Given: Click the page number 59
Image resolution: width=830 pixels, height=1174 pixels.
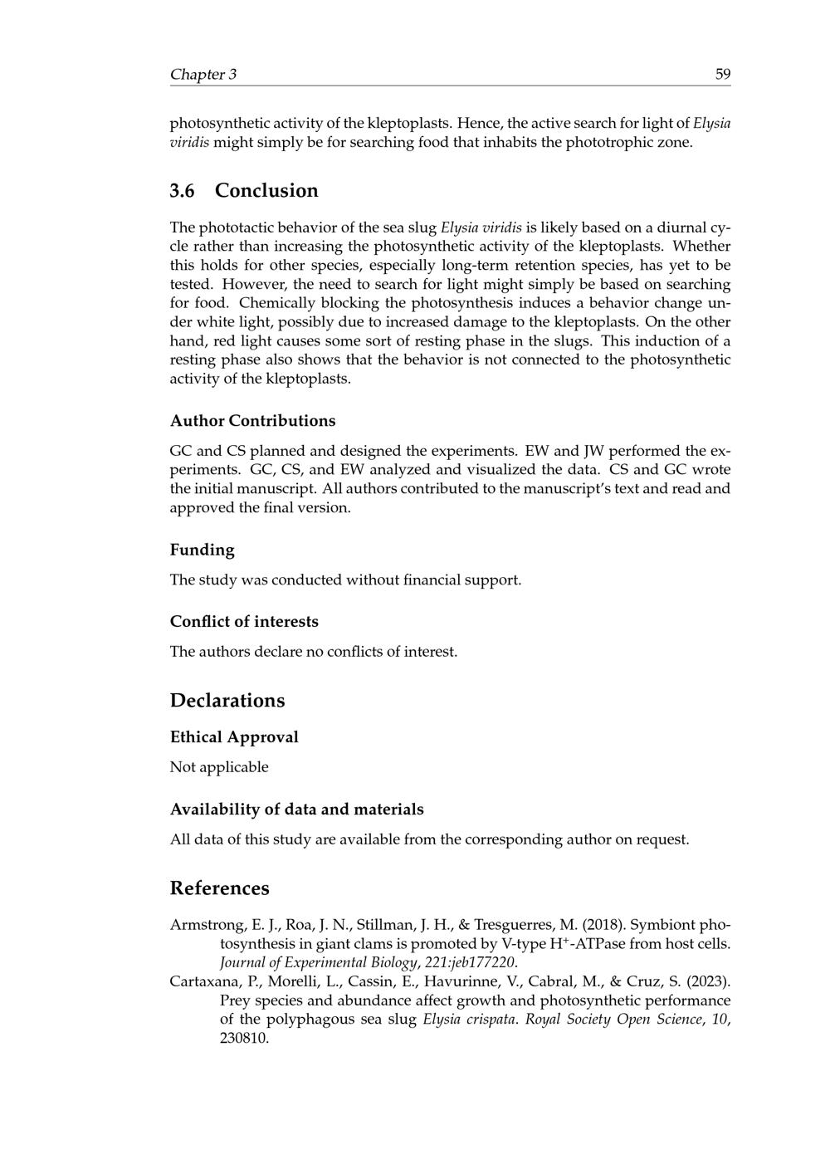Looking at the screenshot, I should click(722, 75).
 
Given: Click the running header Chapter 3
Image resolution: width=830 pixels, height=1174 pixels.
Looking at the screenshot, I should click(203, 75).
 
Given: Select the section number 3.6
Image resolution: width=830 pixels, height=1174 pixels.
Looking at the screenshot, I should click(183, 191).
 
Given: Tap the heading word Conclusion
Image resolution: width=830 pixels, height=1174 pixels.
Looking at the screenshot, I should click(266, 191).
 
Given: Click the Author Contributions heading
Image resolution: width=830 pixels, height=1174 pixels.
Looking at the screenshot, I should click(252, 421).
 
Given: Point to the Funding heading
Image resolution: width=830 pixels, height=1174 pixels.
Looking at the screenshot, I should click(202, 550).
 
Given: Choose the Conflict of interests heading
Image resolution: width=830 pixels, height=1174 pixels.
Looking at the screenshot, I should click(244, 622).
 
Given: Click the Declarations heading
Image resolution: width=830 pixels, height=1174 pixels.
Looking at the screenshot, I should click(227, 701).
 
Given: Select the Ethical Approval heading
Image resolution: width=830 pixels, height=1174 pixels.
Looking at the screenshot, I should click(234, 737).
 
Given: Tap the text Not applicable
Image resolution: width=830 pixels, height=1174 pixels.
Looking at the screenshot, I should click(219, 767).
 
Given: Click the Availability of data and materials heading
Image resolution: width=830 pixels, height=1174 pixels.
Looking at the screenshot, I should click(296, 810).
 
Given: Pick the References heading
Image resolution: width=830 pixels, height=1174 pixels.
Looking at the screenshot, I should click(219, 888).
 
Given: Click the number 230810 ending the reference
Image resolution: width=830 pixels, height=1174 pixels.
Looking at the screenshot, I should click(244, 1039).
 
